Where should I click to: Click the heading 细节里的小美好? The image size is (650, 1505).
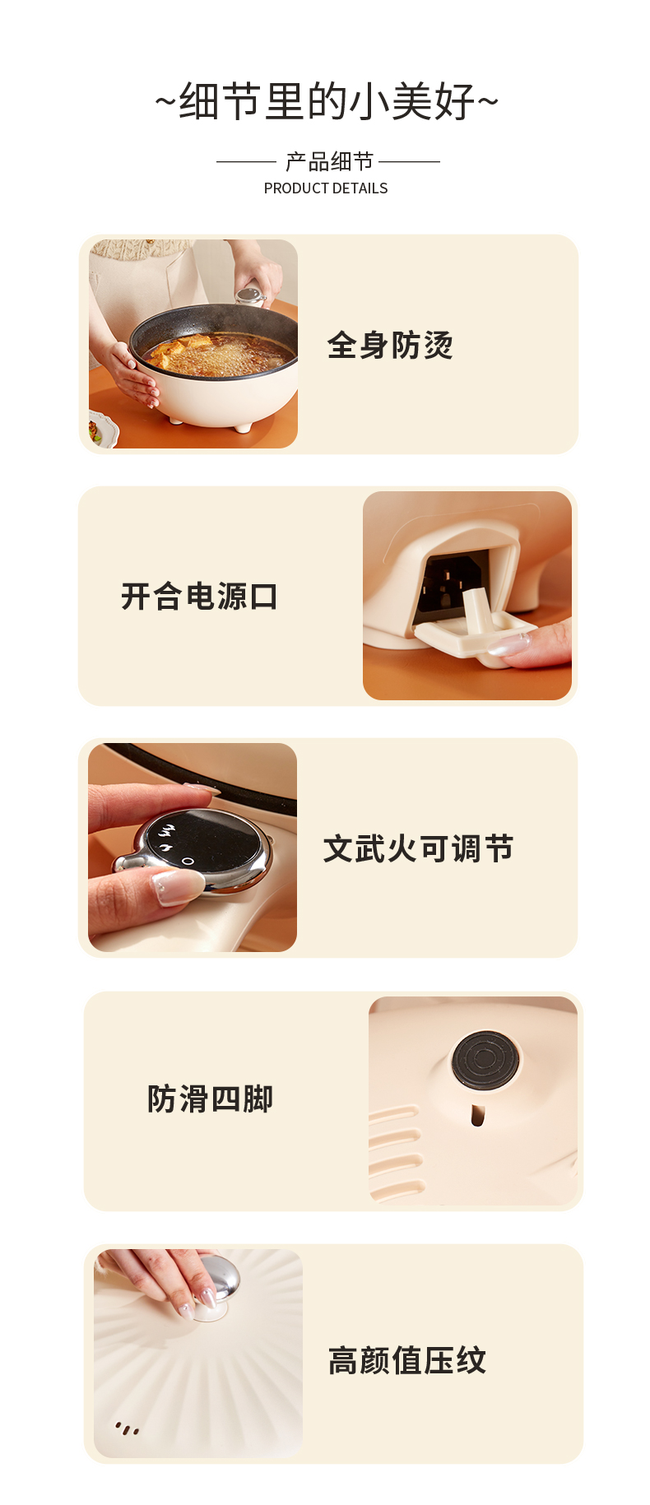[x=327, y=102]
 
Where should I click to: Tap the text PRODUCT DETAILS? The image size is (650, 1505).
[x=326, y=188]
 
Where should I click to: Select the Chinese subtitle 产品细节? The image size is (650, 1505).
[x=329, y=161]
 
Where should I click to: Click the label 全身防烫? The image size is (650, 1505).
[x=390, y=346]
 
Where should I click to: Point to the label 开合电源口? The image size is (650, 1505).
[x=199, y=597]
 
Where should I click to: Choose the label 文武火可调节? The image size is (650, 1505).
[x=418, y=848]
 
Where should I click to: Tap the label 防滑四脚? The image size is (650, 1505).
[x=210, y=1099]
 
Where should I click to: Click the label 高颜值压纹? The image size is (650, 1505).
[x=407, y=1361]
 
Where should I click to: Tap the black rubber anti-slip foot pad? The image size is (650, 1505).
[x=485, y=1057]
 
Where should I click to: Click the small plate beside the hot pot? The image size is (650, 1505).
[x=102, y=430]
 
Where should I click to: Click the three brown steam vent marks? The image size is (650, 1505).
[x=127, y=1428]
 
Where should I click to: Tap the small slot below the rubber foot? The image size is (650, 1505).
[x=477, y=1115]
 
